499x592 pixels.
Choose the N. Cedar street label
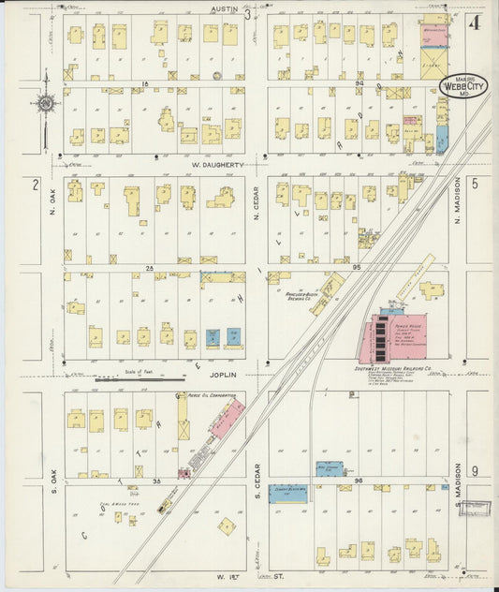[257, 208]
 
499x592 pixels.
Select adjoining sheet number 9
[476, 470]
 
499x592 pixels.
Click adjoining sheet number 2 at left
[35, 184]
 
